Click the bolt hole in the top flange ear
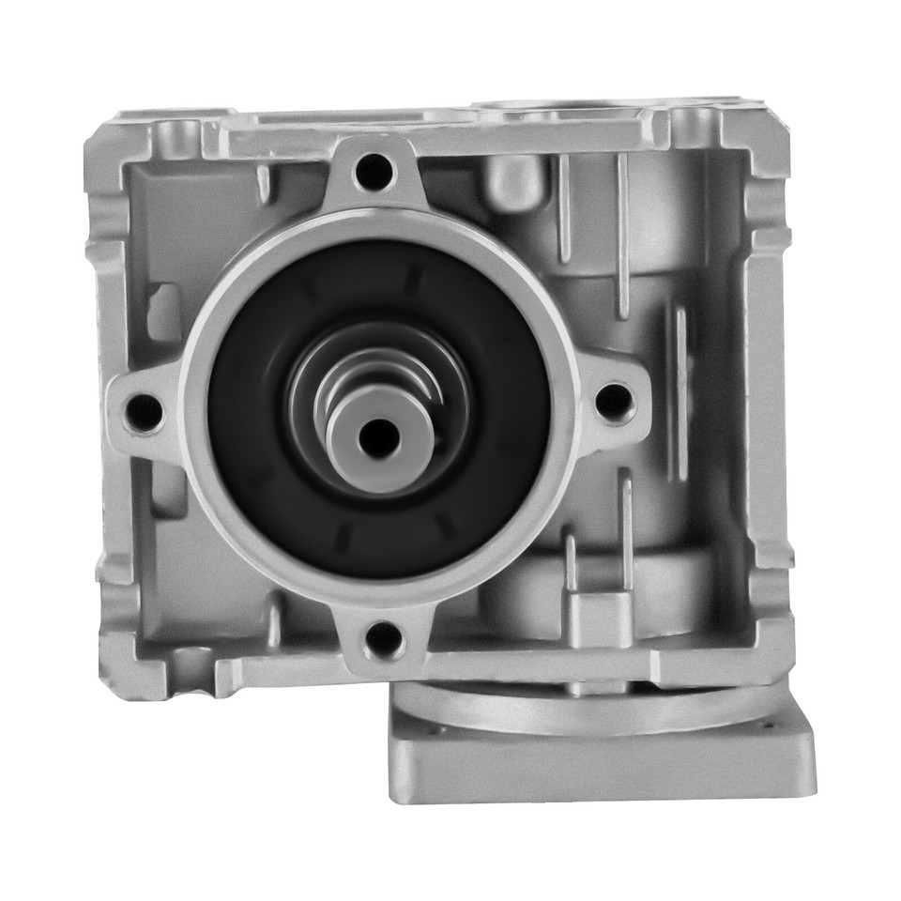(x=374, y=172)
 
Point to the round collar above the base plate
(x=601, y=709)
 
